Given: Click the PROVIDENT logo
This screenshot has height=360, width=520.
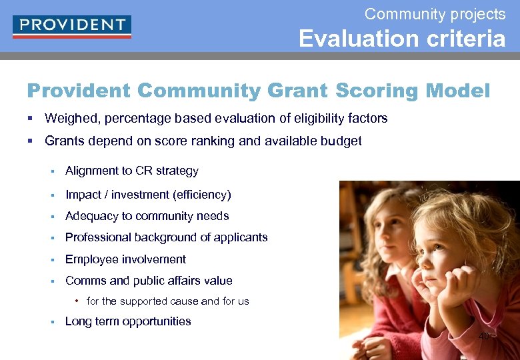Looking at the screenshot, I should (x=71, y=26).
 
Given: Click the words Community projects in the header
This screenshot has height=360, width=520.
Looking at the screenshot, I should (x=435, y=13).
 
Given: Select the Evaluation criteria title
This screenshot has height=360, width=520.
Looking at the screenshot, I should (x=401, y=39).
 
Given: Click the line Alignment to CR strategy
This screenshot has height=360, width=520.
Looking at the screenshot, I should (x=131, y=171).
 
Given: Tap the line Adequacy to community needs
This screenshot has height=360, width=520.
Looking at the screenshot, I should (x=147, y=216).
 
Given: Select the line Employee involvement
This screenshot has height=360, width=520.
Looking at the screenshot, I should (x=125, y=259).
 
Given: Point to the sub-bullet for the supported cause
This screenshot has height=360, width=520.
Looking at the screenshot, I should (x=167, y=301).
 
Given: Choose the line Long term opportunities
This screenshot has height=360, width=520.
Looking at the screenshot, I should (x=127, y=321).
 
